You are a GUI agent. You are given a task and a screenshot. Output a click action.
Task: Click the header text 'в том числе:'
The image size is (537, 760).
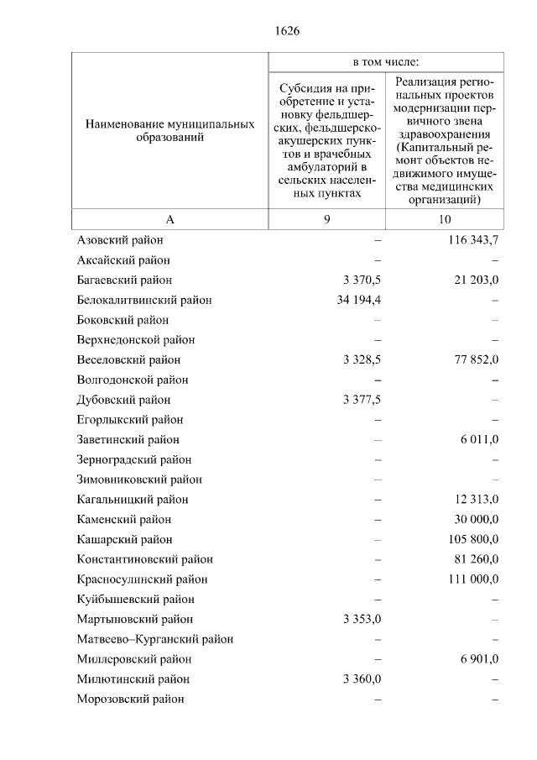[385, 62]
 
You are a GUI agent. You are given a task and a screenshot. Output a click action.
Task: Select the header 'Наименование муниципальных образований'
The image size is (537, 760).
[169, 130]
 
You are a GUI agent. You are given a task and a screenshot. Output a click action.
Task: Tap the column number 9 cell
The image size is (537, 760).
[326, 219]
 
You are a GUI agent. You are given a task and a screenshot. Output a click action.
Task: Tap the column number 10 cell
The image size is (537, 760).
[444, 219]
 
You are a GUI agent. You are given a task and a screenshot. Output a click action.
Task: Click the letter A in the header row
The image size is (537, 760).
[169, 219]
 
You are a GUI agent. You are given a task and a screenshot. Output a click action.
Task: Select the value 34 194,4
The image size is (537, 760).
[358, 300]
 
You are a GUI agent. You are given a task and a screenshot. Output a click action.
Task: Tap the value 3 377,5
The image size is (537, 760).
[362, 400]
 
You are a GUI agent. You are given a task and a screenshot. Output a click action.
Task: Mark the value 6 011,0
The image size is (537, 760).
[479, 439]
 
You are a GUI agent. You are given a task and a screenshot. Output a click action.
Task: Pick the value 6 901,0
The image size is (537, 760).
[479, 659]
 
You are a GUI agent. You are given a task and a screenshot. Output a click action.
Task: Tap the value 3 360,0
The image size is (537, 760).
[362, 679]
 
